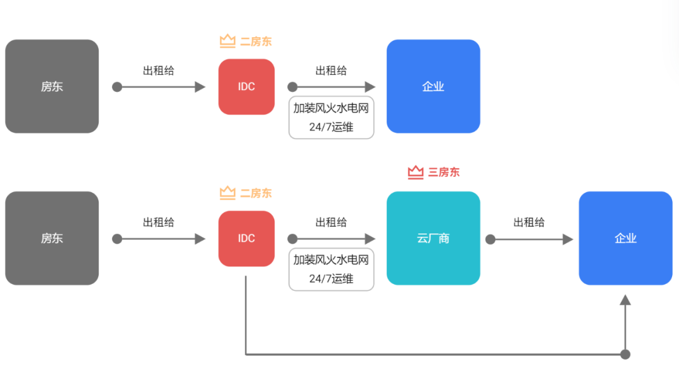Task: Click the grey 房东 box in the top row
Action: click(x=52, y=86)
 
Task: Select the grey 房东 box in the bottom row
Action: click(x=52, y=238)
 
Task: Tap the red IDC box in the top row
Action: click(x=246, y=86)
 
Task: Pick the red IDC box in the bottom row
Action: click(x=246, y=238)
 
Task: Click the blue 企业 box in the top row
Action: click(x=433, y=86)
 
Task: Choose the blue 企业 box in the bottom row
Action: click(x=626, y=238)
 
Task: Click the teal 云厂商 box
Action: click(x=433, y=238)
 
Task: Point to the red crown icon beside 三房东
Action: click(x=416, y=172)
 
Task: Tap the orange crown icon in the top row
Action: click(x=227, y=42)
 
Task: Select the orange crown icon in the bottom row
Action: click(x=227, y=193)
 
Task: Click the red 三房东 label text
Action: click(x=444, y=172)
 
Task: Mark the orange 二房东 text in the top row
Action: click(x=256, y=42)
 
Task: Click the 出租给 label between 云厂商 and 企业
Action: click(x=529, y=222)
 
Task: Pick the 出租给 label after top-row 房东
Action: click(x=158, y=70)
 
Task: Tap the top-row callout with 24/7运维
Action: click(x=331, y=118)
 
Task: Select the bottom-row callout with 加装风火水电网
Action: click(x=331, y=269)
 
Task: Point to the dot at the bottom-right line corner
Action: click(x=625, y=354)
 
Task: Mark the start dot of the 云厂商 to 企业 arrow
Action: click(x=490, y=239)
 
